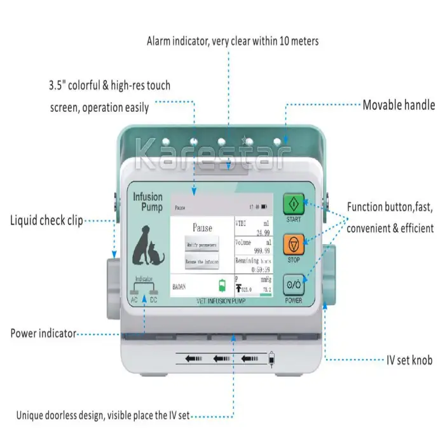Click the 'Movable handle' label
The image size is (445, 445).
[399, 105]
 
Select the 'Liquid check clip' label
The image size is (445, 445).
[46, 221]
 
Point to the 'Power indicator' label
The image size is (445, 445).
[43, 333]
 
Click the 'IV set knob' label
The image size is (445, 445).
[409, 360]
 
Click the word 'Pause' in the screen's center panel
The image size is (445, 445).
[202, 228]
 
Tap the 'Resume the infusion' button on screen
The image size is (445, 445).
[202, 261]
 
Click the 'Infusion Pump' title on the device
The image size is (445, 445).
[147, 202]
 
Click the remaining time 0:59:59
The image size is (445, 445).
[257, 269]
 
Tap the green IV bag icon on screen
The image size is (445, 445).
[222, 285]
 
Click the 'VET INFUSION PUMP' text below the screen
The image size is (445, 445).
[221, 301]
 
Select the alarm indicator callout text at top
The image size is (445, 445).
[233, 41]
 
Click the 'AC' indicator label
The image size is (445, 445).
[134, 299]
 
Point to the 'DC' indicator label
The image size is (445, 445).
[153, 299]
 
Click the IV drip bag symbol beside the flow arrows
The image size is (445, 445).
[273, 359]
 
